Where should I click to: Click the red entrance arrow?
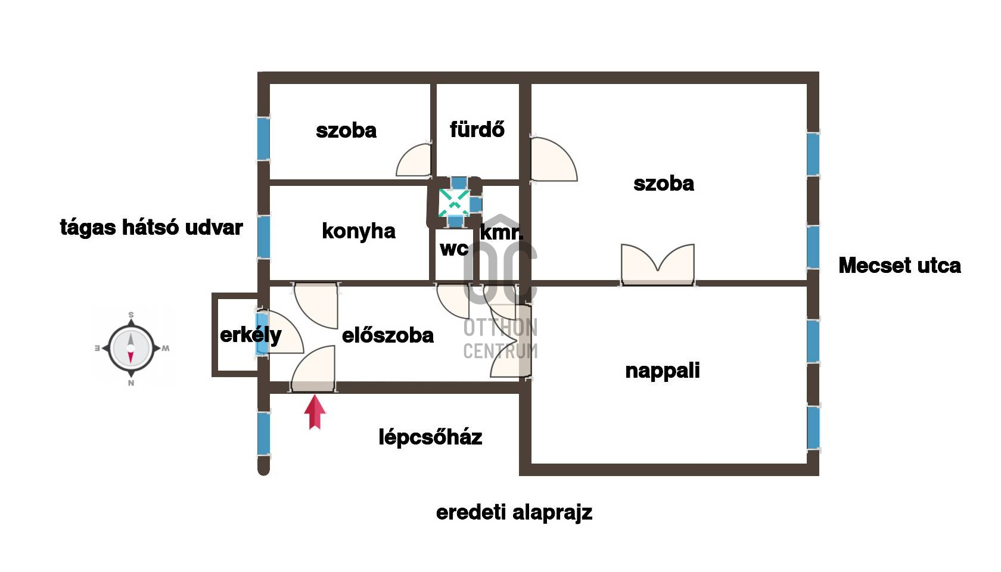click(x=315, y=412)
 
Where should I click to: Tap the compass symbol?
click(x=131, y=348)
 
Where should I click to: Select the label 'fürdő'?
click(x=477, y=130)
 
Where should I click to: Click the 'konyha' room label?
click(x=359, y=231)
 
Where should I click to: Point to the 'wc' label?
click(x=454, y=249)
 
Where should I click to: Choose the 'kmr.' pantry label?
click(x=501, y=232)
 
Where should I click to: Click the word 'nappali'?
click(x=663, y=371)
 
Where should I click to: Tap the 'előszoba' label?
click(x=387, y=335)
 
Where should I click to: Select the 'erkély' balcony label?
click(x=250, y=335)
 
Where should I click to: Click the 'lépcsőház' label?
click(x=430, y=437)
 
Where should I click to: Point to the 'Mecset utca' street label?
click(x=899, y=266)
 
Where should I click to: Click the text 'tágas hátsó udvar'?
click(x=151, y=228)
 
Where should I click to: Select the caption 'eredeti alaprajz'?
click(x=514, y=512)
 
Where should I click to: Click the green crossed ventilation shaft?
click(x=454, y=203)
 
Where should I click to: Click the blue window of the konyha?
click(x=263, y=237)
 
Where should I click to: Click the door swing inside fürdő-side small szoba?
click(x=414, y=160)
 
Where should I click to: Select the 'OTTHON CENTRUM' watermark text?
click(x=500, y=338)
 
